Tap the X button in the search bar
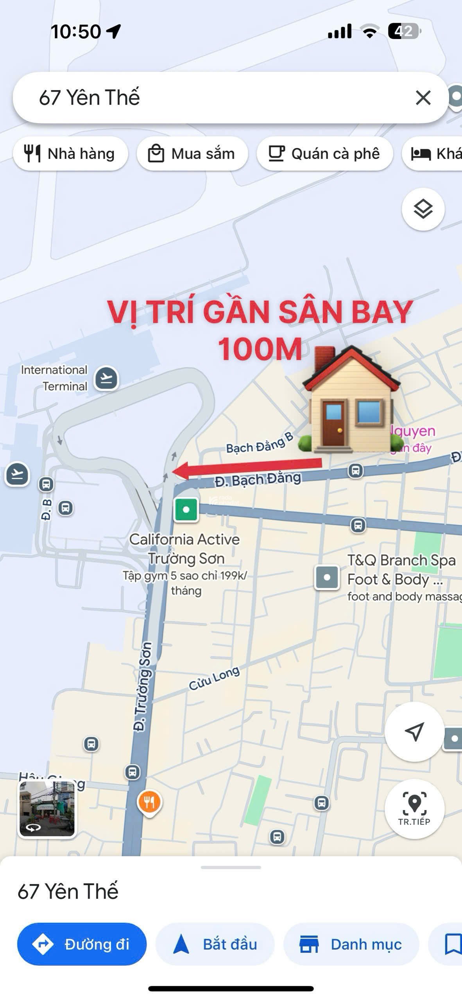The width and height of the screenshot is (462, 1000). coord(423,98)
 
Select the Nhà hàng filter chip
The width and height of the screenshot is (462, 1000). coord(70,154)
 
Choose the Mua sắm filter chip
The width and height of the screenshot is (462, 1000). coord(192,154)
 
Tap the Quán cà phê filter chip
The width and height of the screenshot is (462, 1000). coord(324,154)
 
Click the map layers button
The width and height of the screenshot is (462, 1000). coord(423,209)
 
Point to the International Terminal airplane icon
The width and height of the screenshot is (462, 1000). coord(106,378)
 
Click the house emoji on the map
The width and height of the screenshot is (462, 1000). coord(351,400)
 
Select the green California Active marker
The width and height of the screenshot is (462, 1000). coord(186,510)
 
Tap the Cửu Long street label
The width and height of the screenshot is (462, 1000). coord(214,678)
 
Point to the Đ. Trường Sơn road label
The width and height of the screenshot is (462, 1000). coord(142,686)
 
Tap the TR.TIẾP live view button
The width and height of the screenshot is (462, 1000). coord(414,809)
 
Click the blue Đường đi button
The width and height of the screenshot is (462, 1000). coord(82,945)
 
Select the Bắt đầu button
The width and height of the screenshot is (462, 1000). coord(215,945)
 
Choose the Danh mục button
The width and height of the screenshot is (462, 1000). coord(351,945)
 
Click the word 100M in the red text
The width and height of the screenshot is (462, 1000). coord(260,349)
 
